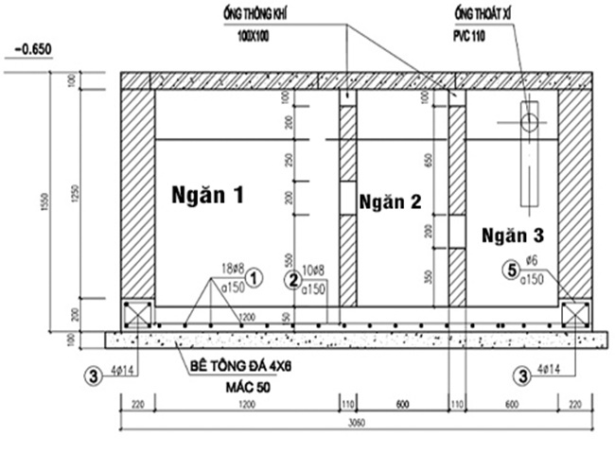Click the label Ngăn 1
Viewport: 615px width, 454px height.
207,196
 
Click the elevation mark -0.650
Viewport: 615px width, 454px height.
33,49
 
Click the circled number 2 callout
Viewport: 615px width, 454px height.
293,280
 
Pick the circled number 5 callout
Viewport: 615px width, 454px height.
512,271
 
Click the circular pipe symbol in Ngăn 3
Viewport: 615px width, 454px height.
529,120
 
